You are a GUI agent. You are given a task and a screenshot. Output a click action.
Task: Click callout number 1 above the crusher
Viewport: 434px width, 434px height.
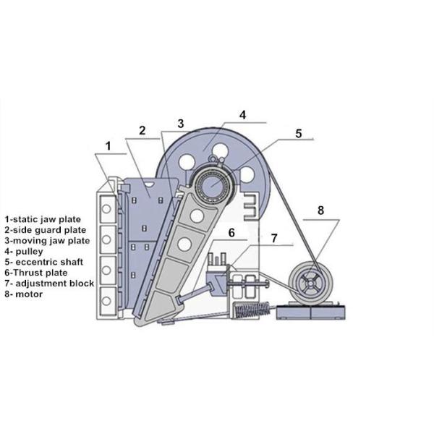coord(109,146)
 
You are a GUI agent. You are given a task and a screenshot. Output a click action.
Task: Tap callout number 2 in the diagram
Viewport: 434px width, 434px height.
coord(142,130)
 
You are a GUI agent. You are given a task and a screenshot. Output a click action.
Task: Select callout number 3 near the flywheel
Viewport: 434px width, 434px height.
coord(180,124)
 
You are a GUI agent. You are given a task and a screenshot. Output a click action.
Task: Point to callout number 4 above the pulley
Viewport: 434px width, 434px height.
coord(242,115)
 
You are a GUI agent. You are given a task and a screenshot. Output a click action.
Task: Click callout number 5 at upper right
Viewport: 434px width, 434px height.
coord(298,134)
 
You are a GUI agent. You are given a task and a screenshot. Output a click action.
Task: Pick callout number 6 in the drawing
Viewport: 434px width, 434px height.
coord(231,233)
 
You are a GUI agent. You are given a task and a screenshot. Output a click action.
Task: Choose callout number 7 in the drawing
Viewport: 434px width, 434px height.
coord(273,238)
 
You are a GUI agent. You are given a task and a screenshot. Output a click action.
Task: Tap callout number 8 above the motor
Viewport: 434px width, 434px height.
coord(320,210)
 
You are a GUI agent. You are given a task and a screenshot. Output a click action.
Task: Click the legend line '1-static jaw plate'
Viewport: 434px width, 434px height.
coord(43,219)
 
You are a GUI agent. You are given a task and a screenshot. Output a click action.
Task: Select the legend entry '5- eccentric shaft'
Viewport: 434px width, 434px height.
coord(43,262)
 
